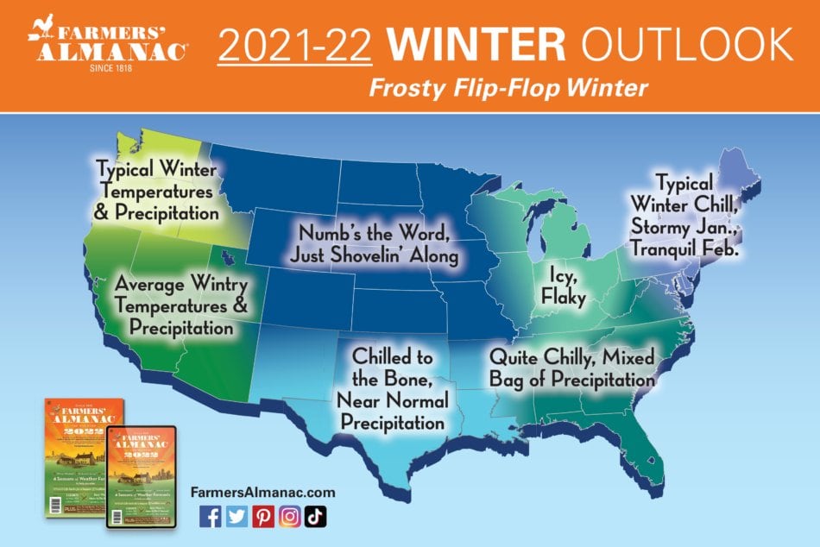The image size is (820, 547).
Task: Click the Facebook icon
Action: (210, 516)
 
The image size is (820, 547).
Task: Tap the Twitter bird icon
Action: (237, 516)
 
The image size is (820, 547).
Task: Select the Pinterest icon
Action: (263, 516)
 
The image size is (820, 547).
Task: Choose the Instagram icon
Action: (290, 516)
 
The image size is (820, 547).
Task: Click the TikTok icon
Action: (316, 516)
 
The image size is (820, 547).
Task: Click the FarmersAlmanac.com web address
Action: (262, 492)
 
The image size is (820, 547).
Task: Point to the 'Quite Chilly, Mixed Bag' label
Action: (572, 368)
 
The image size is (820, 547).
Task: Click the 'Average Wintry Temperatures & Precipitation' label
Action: (181, 305)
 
